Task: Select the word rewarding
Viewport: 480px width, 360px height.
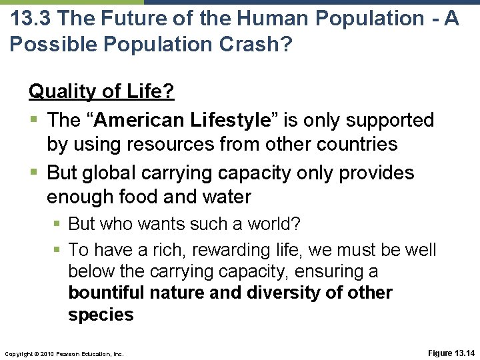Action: coord(235,250)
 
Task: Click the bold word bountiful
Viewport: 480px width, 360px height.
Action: coord(109,293)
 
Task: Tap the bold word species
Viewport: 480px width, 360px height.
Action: coord(101,314)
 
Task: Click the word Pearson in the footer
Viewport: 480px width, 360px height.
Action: coord(69,353)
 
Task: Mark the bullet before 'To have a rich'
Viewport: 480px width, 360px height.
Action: coord(57,250)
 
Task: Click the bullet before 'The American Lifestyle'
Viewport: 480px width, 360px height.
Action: coord(34,121)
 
